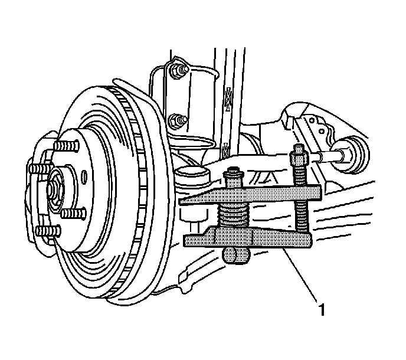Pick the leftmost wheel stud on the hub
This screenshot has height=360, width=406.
(35, 170)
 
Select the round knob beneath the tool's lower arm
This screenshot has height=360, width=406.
(235, 256)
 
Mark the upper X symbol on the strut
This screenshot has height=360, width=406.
(228, 94)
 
